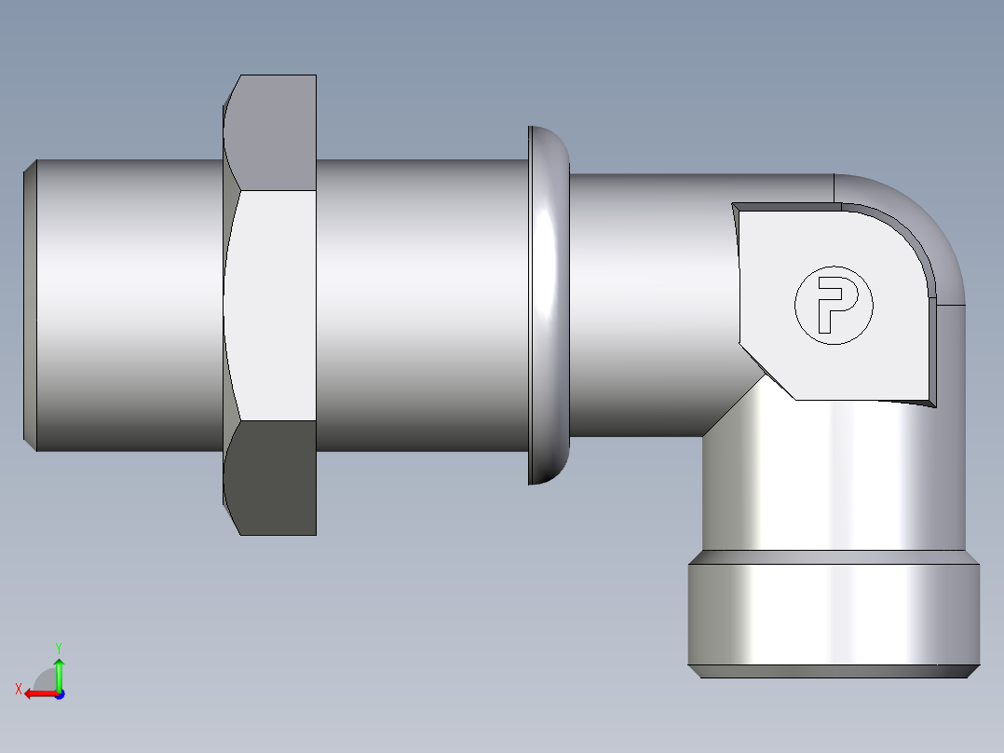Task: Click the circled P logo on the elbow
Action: click(834, 305)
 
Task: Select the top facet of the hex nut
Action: click(271, 131)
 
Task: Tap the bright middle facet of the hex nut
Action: click(271, 305)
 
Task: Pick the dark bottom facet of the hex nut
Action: click(271, 477)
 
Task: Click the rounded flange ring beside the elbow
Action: click(549, 305)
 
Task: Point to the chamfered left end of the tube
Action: click(30, 305)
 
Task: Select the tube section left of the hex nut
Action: click(130, 305)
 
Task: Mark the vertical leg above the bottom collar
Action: click(820, 475)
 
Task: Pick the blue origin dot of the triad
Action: click(59, 693)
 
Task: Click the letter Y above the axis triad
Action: click(58, 647)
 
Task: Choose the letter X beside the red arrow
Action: click(18, 689)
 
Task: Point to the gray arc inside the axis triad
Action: click(45, 679)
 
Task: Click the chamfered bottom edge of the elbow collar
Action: click(834, 671)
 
